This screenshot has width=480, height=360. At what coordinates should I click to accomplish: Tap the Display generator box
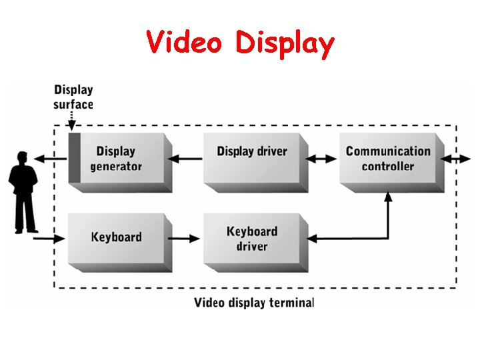click(x=116, y=159)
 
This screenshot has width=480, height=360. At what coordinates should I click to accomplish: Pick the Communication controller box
click(x=388, y=159)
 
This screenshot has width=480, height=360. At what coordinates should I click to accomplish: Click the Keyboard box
click(x=116, y=237)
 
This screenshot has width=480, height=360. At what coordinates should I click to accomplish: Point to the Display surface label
click(x=73, y=97)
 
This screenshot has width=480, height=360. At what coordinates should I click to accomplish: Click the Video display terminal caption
click(x=253, y=303)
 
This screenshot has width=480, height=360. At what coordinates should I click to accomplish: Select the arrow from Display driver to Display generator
click(x=185, y=159)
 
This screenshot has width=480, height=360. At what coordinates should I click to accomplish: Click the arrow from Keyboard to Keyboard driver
click(x=185, y=237)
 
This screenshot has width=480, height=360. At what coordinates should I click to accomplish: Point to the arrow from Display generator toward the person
click(x=51, y=159)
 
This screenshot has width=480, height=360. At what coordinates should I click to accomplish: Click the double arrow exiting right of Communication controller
click(x=459, y=159)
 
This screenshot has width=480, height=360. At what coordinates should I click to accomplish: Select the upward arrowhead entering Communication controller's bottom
click(x=388, y=197)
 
